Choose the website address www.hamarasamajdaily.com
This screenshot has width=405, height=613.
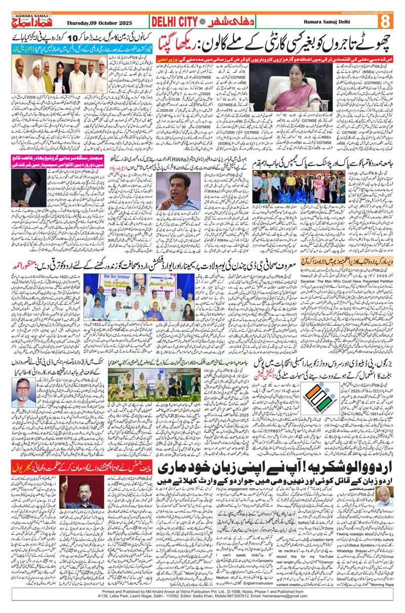(x=367, y=11)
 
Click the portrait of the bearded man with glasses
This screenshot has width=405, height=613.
(x=28, y=393)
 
